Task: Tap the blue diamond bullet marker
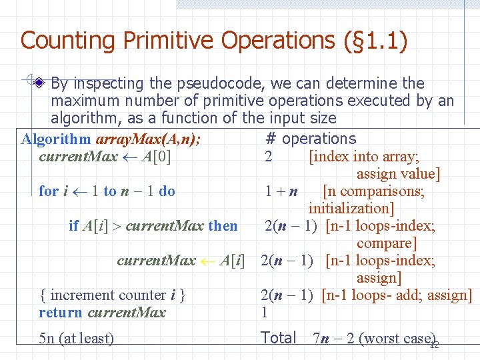(x=40, y=84)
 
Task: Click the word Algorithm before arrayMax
(x=56, y=139)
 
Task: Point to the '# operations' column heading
(x=311, y=139)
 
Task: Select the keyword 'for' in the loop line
(x=49, y=191)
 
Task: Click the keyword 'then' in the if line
(x=223, y=226)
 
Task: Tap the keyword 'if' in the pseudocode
(x=73, y=226)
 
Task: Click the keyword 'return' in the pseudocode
(x=61, y=313)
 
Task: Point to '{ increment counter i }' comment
(x=112, y=295)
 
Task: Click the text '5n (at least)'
(x=76, y=339)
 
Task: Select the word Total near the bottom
(x=279, y=338)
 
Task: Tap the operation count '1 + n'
(x=280, y=192)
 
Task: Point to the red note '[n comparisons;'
(x=373, y=192)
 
